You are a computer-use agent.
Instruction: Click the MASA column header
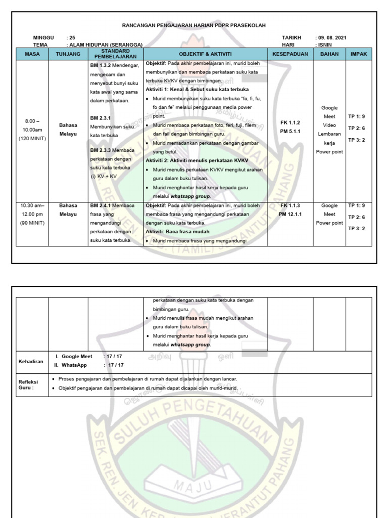32,54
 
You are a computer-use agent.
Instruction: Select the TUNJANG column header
68,54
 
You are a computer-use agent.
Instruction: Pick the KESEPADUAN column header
290,54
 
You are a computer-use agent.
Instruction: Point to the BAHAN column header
329,54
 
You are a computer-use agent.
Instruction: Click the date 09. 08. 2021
332,38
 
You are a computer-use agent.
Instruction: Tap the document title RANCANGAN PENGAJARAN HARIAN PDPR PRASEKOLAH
194,25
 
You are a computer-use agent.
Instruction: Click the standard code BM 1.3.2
101,65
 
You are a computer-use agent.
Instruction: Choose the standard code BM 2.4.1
101,206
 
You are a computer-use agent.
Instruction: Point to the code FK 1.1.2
290,122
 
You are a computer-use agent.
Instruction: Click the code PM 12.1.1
290,214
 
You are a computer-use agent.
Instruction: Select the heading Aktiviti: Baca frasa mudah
177,231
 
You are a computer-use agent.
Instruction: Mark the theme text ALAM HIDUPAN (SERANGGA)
106,45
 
